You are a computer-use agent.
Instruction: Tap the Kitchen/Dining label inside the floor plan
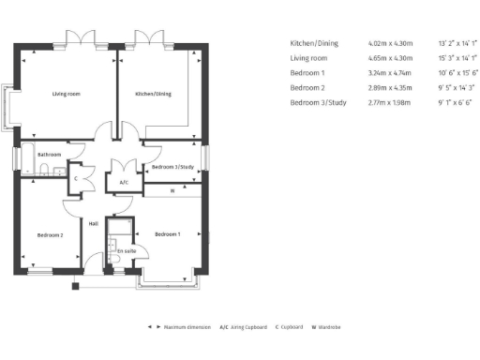[x=154, y=94]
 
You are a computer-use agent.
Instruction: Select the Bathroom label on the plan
[x=49, y=155]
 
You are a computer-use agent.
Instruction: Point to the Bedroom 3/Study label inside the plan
[x=171, y=167]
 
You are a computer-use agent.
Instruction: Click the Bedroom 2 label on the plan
[x=50, y=234]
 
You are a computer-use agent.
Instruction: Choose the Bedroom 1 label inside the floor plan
[x=167, y=232]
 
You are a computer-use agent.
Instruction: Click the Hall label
[x=94, y=223]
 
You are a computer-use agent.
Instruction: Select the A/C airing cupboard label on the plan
[x=124, y=182]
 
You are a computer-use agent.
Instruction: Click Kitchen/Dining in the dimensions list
[x=314, y=43]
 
